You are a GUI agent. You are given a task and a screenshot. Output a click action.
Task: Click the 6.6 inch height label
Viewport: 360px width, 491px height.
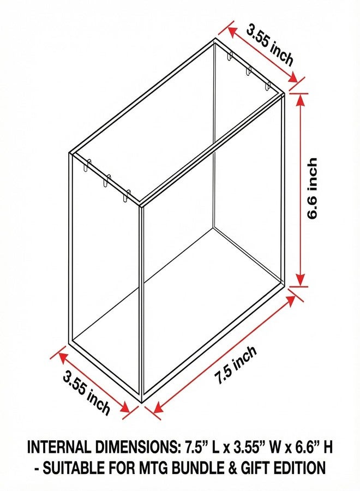[312, 189]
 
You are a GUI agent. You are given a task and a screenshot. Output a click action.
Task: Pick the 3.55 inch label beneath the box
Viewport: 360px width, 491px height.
[87, 392]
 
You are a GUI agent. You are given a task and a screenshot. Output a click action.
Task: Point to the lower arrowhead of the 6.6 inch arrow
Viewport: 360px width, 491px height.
[300, 279]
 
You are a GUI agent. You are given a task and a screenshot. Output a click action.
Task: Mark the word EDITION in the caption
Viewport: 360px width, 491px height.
[300, 469]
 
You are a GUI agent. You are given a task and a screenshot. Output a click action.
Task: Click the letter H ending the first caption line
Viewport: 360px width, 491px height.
[328, 447]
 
